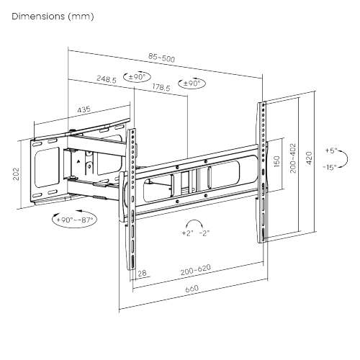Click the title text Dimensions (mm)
(x=53, y=15)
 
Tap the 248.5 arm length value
(x=105, y=80)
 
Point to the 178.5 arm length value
(x=162, y=87)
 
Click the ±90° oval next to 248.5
(x=138, y=77)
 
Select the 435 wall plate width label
(x=84, y=109)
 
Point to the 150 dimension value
(x=276, y=161)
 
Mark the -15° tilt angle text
(x=330, y=167)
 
